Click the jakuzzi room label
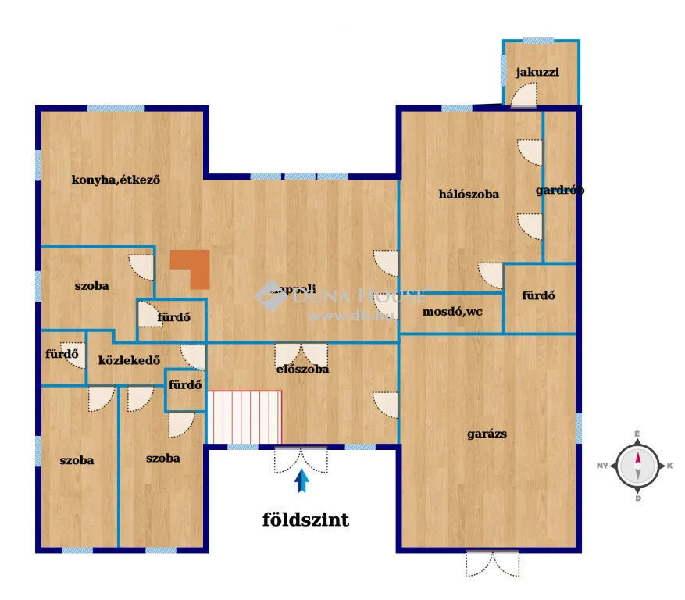tap(537, 73)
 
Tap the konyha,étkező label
tap(116, 180)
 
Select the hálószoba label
tap(469, 194)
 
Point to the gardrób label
tap(560, 190)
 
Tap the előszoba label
tap(301, 369)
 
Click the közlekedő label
tap(130, 360)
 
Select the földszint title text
tap(305, 520)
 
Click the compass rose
tap(637, 466)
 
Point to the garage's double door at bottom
tap(492, 562)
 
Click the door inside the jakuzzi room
tap(524, 95)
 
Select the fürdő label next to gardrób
tap(538, 295)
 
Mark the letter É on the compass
tap(637, 434)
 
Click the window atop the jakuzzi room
tap(537, 40)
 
